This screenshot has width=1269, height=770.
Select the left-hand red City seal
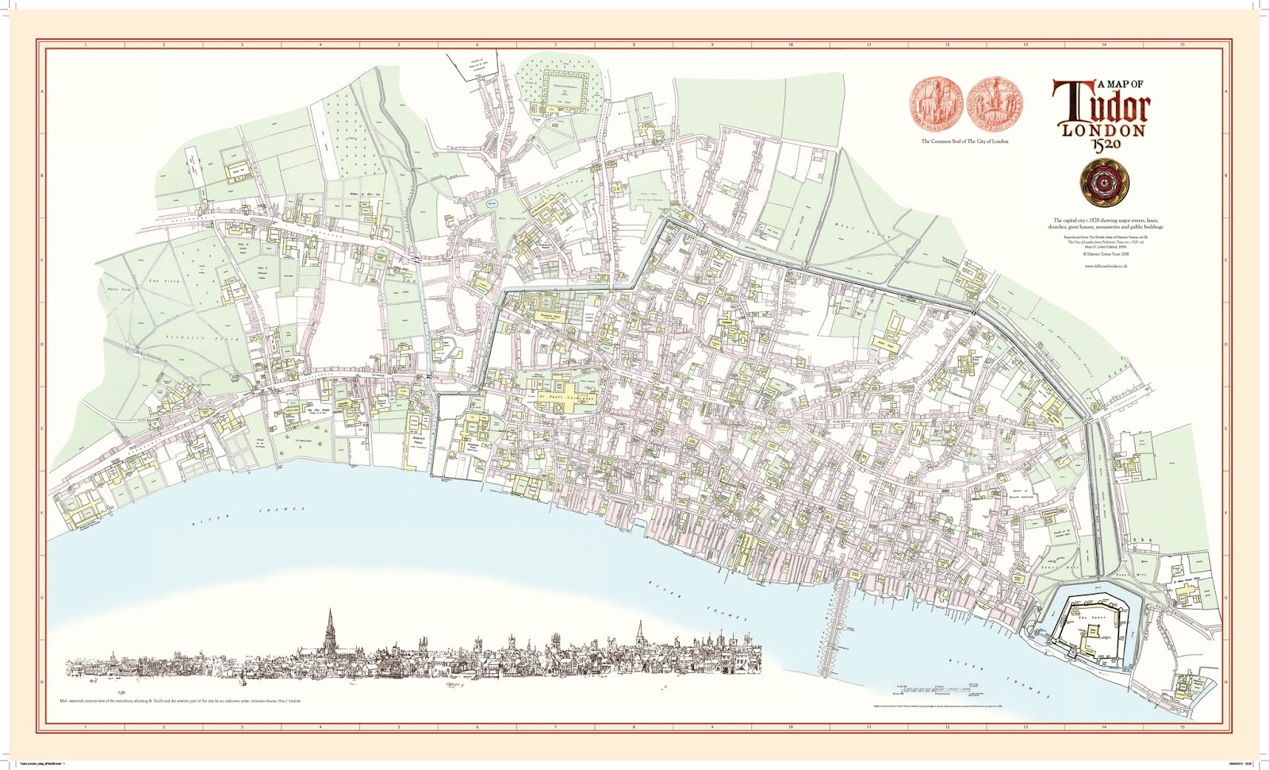(936, 105)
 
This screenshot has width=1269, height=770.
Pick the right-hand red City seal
(995, 105)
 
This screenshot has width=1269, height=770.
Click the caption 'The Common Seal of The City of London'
(964, 141)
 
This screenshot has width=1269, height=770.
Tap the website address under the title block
(1106, 266)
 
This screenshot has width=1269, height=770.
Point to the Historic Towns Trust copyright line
(1106, 254)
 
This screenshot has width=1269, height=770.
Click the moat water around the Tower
(1137, 611)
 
